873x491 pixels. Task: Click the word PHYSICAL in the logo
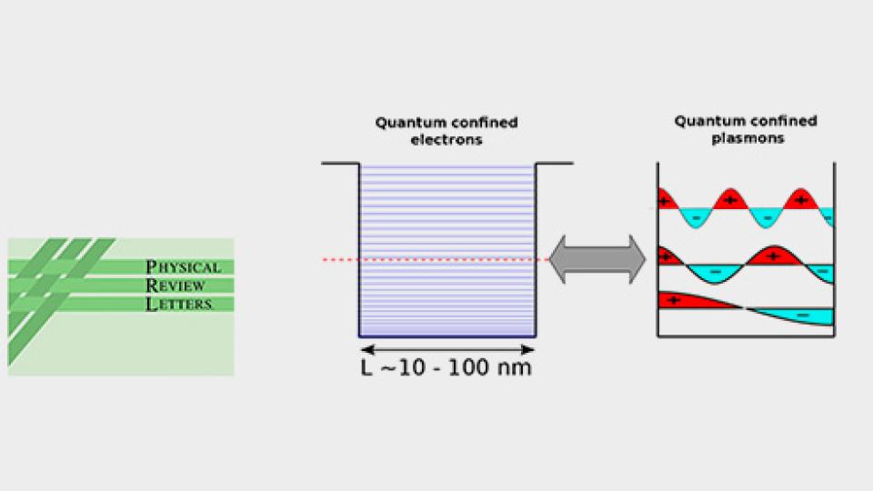pyautogui.click(x=183, y=267)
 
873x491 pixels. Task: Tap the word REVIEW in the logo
pyautogui.click(x=176, y=286)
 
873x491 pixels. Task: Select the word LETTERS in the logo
pyautogui.click(x=179, y=305)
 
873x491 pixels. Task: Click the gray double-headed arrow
pyautogui.click(x=597, y=259)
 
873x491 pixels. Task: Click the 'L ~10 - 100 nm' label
pyautogui.click(x=447, y=368)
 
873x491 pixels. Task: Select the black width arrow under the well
pyautogui.click(x=447, y=349)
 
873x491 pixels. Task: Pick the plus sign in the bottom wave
pyautogui.click(x=674, y=299)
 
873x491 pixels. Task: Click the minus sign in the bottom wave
pyautogui.click(x=802, y=315)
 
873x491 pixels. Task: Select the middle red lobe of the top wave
pyautogui.click(x=730, y=200)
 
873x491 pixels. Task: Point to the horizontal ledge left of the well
pyautogui.click(x=341, y=164)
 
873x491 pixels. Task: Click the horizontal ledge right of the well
pyautogui.click(x=554, y=164)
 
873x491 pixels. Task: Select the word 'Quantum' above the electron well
pyautogui.click(x=406, y=124)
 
